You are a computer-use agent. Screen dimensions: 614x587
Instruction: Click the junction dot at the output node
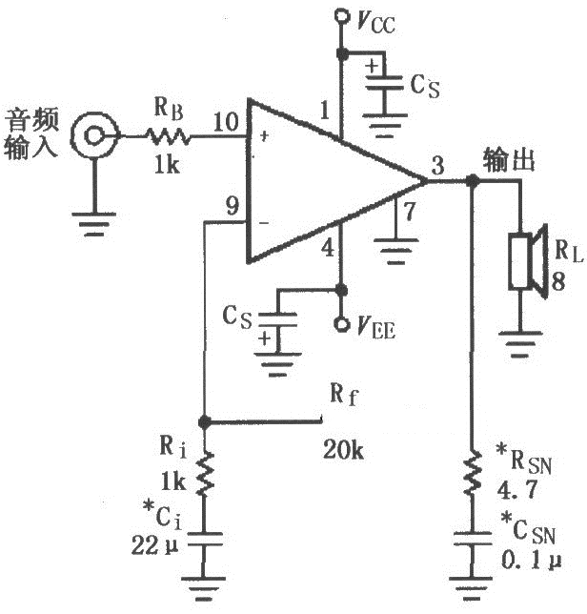click(473, 180)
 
